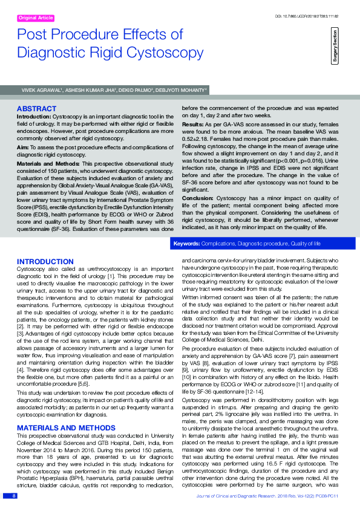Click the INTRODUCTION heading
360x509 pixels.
(45, 261)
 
